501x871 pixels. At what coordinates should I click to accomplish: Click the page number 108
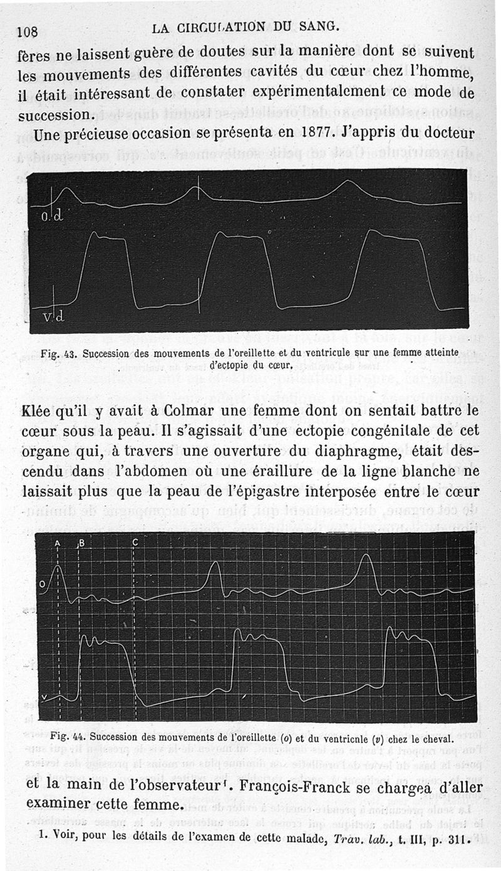pyautogui.click(x=29, y=32)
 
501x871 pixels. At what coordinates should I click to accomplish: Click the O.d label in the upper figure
pyautogui.click(x=53, y=217)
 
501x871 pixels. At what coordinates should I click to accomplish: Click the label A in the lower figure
pyautogui.click(x=58, y=543)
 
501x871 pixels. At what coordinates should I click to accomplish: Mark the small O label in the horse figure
pyautogui.click(x=42, y=585)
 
